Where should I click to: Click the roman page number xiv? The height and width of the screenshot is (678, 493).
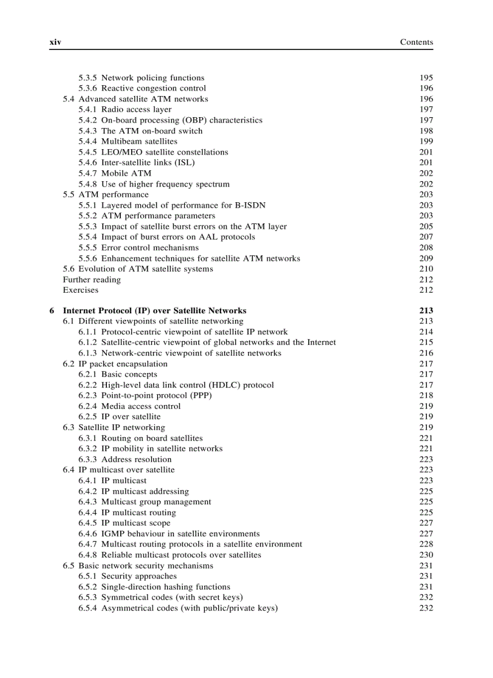click(x=55, y=42)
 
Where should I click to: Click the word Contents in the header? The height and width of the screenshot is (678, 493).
click(x=416, y=42)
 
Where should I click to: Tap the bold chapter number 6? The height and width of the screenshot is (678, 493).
click(x=52, y=311)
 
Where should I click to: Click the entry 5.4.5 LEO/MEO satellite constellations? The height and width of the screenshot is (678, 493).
click(x=153, y=152)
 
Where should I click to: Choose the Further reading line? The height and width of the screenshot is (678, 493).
click(x=92, y=280)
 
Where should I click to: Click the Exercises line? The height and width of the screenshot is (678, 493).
click(x=80, y=290)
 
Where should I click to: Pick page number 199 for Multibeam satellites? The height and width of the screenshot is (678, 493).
click(x=426, y=141)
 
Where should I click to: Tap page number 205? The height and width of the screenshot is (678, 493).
click(x=426, y=226)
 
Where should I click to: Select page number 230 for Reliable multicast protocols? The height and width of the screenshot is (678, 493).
click(x=426, y=555)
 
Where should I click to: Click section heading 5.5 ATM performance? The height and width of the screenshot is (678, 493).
click(x=105, y=194)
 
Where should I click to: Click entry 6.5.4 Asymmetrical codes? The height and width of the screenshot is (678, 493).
click(x=178, y=608)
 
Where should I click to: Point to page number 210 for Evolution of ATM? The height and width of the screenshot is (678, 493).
click(x=426, y=269)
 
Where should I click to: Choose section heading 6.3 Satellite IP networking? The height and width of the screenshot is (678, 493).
click(x=114, y=427)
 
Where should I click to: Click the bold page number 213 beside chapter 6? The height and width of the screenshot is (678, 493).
click(x=426, y=311)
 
